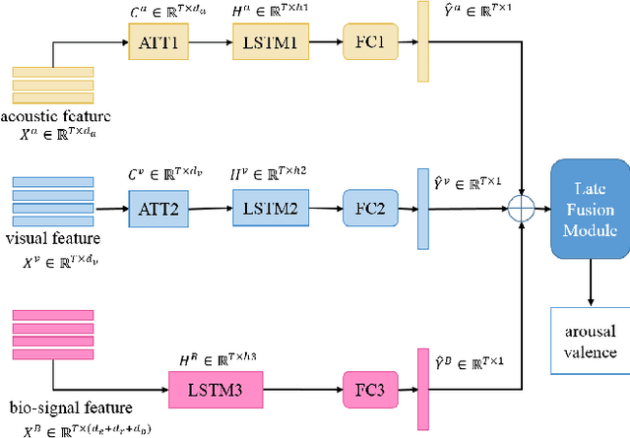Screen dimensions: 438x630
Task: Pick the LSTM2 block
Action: coord(270,208)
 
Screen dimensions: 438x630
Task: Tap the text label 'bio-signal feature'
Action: coord(56,407)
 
